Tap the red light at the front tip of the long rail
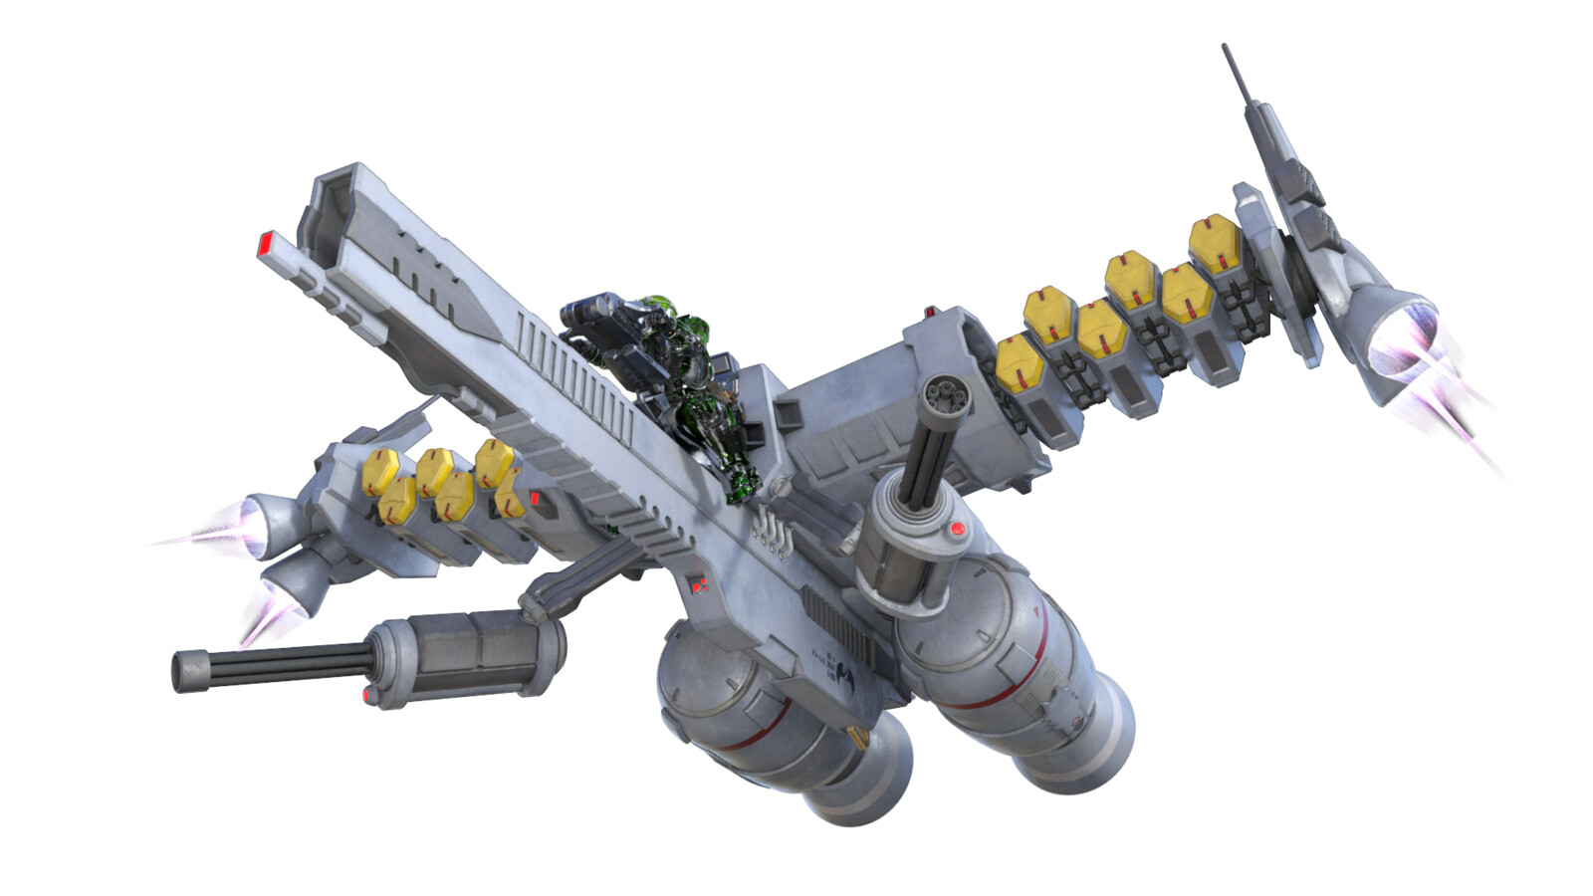(x=266, y=243)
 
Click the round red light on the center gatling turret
(x=957, y=529)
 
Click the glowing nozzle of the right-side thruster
(x=1405, y=343)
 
